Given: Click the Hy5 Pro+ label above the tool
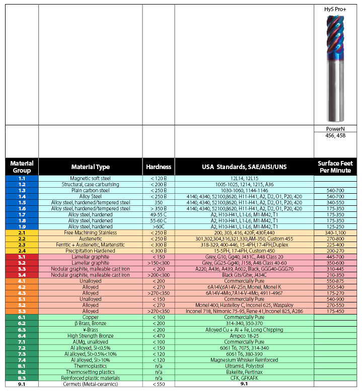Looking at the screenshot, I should [x=335, y=9].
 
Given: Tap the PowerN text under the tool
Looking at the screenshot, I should [x=335, y=128].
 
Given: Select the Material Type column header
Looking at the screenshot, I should [x=90, y=167].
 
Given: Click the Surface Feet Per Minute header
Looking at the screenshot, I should [x=335, y=167].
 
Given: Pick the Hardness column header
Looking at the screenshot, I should [x=158, y=167].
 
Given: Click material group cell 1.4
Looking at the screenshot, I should [x=21, y=196].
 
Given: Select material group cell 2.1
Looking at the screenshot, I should [x=21, y=232].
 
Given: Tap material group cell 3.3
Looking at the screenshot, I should [x=21, y=269].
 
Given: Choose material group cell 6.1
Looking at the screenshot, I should [x=21, y=317].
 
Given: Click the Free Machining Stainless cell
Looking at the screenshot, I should [x=90, y=232].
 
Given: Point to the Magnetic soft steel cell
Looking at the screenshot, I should [x=90, y=179].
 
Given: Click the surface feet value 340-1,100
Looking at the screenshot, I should [x=335, y=232].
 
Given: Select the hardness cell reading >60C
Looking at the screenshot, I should [x=158, y=226].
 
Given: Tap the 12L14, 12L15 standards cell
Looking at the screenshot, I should [x=244, y=179].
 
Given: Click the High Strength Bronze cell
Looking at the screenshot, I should [x=90, y=335].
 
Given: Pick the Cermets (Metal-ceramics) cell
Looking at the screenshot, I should [x=90, y=384].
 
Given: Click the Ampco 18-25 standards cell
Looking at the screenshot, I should [x=244, y=335].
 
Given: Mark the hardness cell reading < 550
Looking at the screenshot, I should [x=158, y=384].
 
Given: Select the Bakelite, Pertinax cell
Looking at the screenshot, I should [x=244, y=372].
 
